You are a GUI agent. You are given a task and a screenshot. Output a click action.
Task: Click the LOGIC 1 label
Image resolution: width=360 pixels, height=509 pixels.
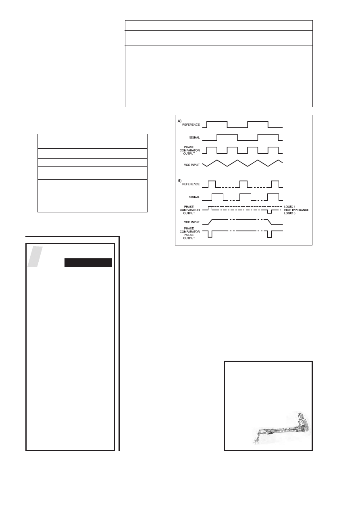point(289,207)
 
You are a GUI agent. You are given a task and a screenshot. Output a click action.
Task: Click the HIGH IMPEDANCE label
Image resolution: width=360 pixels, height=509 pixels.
point(296,210)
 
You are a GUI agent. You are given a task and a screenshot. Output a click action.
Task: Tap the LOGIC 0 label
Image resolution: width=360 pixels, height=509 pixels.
point(289,213)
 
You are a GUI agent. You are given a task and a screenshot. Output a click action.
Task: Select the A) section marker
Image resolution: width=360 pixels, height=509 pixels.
point(179,121)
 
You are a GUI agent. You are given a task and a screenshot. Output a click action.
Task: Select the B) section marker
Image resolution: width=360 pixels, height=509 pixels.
point(179,181)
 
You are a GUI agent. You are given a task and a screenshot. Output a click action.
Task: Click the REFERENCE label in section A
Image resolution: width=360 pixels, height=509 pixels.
point(191,125)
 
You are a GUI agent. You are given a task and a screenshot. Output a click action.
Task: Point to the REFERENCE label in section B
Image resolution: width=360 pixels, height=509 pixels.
point(191,184)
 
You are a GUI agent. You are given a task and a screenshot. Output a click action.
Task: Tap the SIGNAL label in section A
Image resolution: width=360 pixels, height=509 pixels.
point(194,137)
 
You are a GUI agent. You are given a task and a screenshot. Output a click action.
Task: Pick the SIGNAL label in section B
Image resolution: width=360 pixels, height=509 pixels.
point(194,197)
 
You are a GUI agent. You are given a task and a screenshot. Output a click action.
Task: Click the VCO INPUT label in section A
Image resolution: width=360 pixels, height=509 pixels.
point(192,165)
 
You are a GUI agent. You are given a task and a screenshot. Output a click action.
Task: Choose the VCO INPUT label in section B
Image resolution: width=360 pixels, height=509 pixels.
point(192,222)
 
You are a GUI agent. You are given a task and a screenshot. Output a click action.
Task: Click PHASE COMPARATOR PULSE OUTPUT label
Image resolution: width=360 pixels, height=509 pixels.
point(189,233)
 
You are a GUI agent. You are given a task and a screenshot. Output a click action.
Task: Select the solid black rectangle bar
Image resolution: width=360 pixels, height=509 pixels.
point(88,263)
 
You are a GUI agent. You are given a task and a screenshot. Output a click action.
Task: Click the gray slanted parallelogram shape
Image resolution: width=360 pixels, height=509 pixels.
point(35,256)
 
